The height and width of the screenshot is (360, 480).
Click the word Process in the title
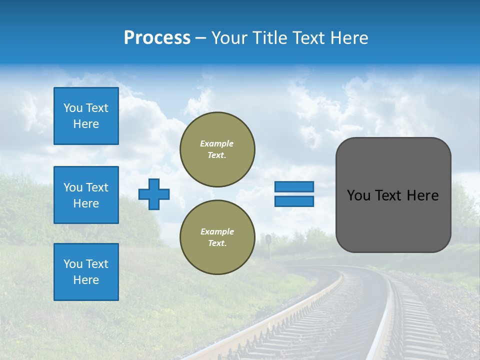tap(157, 38)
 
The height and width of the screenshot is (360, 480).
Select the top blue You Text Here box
tap(86, 116)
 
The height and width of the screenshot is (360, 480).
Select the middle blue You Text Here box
tap(86, 195)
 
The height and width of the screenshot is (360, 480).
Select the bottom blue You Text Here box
tap(86, 272)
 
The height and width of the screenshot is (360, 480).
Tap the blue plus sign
tap(154, 194)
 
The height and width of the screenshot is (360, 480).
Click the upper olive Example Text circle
tap(217, 149)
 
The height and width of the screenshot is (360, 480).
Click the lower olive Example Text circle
tap(217, 237)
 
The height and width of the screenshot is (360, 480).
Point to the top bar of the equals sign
tap(294, 186)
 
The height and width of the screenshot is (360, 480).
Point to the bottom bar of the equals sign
tap(294, 201)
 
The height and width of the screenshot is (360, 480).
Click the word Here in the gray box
tap(422, 195)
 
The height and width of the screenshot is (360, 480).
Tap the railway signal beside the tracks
tap(268, 240)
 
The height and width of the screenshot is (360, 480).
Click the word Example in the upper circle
tap(217, 143)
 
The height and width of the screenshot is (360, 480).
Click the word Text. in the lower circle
tap(217, 243)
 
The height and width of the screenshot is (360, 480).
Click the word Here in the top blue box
tap(86, 124)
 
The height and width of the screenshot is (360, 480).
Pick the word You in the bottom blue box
tap(72, 264)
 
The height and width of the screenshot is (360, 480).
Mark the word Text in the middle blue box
tap(97, 187)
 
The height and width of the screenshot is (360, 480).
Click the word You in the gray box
tap(358, 195)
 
